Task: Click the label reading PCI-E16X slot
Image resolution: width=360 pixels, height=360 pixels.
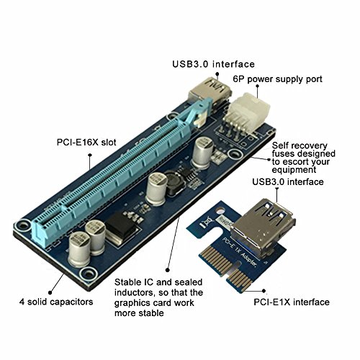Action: click(86, 142)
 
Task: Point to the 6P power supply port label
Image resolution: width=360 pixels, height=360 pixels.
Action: click(277, 79)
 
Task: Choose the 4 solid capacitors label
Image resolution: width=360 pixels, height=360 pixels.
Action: click(56, 302)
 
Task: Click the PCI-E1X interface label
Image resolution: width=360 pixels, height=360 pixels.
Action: click(292, 302)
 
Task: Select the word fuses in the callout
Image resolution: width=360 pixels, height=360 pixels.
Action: click(284, 154)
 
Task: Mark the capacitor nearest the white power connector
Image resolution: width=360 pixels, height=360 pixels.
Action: click(204, 153)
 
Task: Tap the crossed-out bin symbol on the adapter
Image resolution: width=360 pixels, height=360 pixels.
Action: click(204, 222)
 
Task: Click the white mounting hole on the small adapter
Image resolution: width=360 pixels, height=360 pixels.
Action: click(220, 211)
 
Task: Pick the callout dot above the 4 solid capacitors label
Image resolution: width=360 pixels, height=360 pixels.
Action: click(50, 292)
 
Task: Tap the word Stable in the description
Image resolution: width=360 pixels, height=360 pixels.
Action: click(128, 282)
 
